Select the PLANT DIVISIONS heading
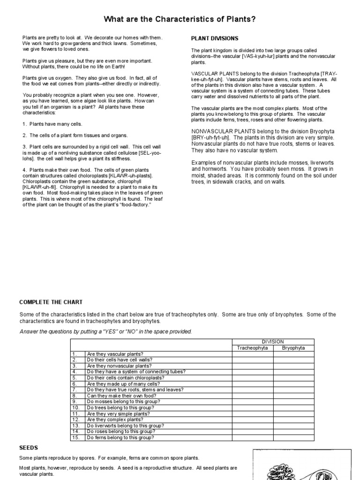coord(215,38)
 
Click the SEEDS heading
coord(29,448)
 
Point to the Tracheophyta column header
coord(253,348)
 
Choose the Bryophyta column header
coord(293,348)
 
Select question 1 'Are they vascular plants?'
coord(115,354)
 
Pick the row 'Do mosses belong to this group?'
coord(120,402)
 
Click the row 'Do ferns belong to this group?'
coord(120,438)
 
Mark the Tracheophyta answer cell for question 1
coord(253,354)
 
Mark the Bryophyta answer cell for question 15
coord(293,438)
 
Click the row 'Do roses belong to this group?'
coord(120,432)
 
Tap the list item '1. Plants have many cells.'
coord(52,124)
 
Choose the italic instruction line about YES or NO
coord(105,331)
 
